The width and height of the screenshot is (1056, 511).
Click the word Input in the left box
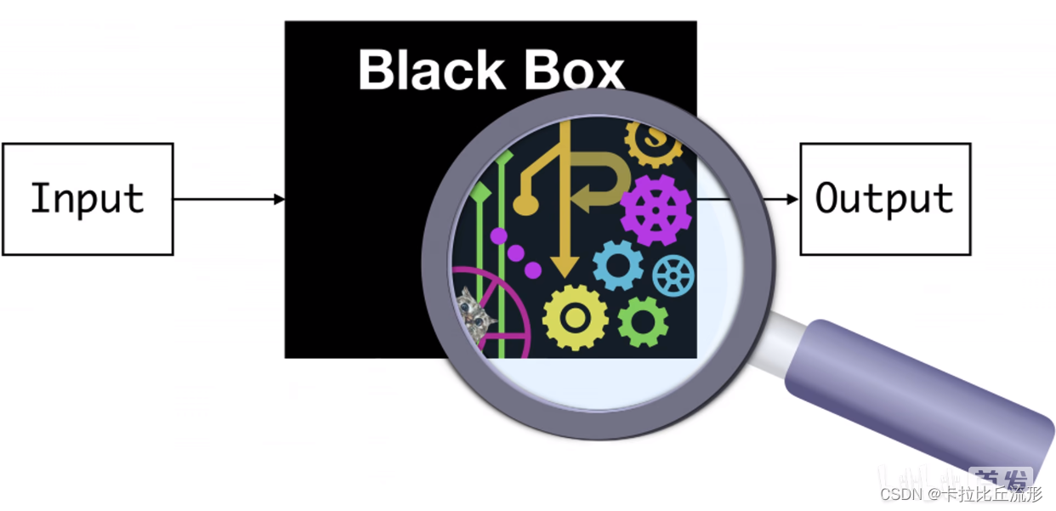(87, 199)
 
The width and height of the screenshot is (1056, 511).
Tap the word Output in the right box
(884, 199)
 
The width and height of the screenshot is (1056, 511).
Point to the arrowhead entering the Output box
(792, 199)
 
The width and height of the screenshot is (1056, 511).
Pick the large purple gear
(656, 209)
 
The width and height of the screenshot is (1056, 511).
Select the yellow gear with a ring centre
(576, 317)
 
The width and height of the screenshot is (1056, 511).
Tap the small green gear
(643, 321)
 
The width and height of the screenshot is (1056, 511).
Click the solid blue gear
(618, 265)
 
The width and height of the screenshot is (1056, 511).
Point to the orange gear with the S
(654, 138)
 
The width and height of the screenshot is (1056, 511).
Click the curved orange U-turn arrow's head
(583, 200)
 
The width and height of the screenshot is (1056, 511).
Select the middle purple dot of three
(516, 253)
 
